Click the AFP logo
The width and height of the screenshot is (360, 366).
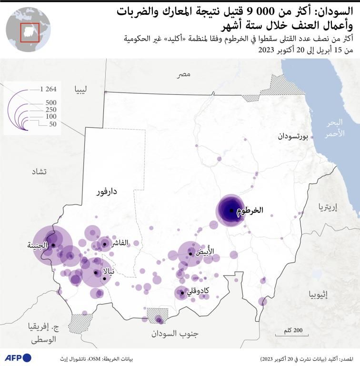(x=18, y=357)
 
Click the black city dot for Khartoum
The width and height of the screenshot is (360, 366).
(x=231, y=210)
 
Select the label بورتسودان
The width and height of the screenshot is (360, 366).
(x=293, y=136)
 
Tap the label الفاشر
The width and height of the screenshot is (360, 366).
(x=120, y=243)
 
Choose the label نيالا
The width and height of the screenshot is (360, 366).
(x=108, y=274)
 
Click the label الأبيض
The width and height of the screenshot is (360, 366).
(x=206, y=251)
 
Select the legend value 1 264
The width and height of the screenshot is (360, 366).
(x=49, y=89)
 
